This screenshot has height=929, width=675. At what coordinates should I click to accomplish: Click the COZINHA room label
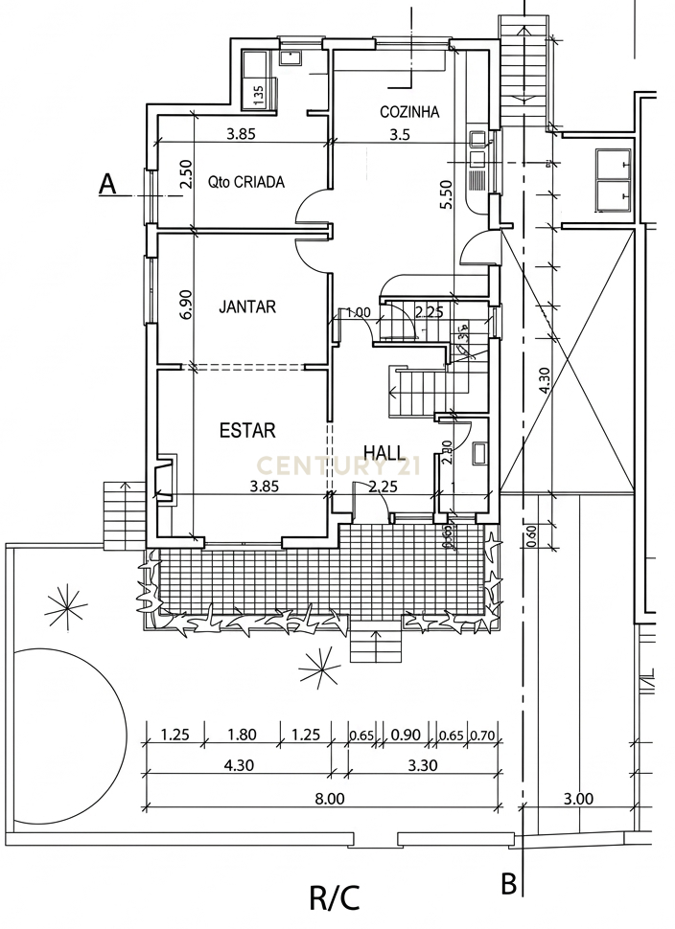click(408, 112)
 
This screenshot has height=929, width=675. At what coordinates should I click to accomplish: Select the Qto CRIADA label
click(246, 182)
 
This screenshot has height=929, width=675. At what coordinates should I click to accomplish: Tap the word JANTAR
click(247, 307)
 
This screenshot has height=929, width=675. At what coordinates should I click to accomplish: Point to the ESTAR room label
click(247, 430)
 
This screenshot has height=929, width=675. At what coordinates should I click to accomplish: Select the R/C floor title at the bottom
click(335, 898)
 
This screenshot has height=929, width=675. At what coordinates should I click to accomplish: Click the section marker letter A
click(109, 184)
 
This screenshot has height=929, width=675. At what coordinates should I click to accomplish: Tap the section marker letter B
click(509, 882)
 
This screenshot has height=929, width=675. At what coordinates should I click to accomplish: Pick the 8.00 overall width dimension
click(329, 798)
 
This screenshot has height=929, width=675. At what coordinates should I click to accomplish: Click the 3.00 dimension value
click(578, 799)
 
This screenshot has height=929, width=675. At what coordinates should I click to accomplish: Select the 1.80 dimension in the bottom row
click(244, 736)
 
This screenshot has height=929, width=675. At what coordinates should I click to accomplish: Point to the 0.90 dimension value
click(407, 736)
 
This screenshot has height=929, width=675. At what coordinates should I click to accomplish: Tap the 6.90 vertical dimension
click(187, 305)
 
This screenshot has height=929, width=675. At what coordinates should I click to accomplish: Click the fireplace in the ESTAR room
click(165, 479)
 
